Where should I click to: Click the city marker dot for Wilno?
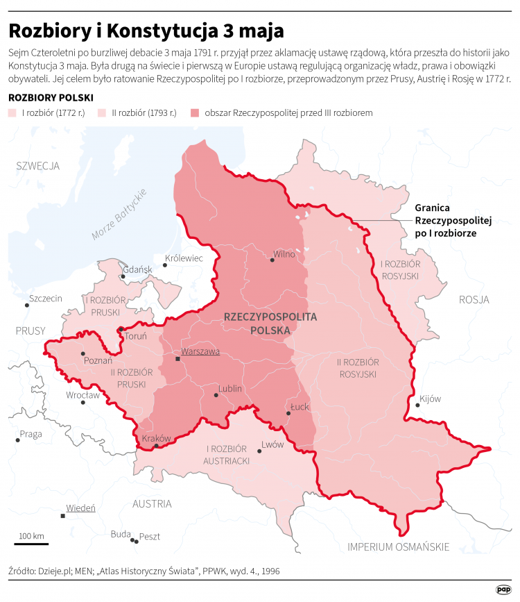[270, 261]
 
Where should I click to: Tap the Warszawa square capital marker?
[177, 359]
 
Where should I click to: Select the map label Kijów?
[430, 399]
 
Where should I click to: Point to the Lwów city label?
[272, 444]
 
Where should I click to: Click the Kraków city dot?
[157, 446]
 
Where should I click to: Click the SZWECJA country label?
[38, 166]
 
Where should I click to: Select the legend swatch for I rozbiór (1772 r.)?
[12, 112]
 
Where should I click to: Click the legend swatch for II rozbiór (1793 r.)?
[101, 112]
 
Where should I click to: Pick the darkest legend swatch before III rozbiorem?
[195, 112]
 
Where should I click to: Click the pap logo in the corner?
[503, 589]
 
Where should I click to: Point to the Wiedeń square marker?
[63, 516]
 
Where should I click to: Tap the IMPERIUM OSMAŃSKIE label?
[399, 546]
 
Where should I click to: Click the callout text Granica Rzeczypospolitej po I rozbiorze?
[452, 220]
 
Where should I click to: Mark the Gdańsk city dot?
[123, 276]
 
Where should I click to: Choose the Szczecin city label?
[45, 299]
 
